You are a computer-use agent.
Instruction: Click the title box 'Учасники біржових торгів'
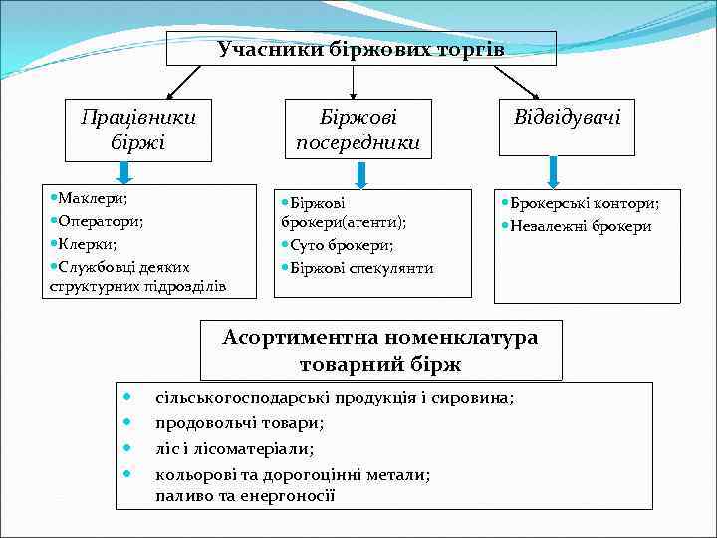click(360, 49)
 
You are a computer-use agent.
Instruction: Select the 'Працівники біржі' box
click(137, 130)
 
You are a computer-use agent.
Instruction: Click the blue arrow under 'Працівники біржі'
click(123, 173)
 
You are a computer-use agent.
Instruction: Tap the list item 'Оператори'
click(101, 221)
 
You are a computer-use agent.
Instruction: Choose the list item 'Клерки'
click(87, 243)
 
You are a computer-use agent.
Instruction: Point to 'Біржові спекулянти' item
click(361, 267)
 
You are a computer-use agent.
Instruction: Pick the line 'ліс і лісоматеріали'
click(235, 449)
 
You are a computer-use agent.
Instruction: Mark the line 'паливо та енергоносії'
click(245, 495)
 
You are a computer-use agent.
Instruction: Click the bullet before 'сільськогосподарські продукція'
click(126, 397)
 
